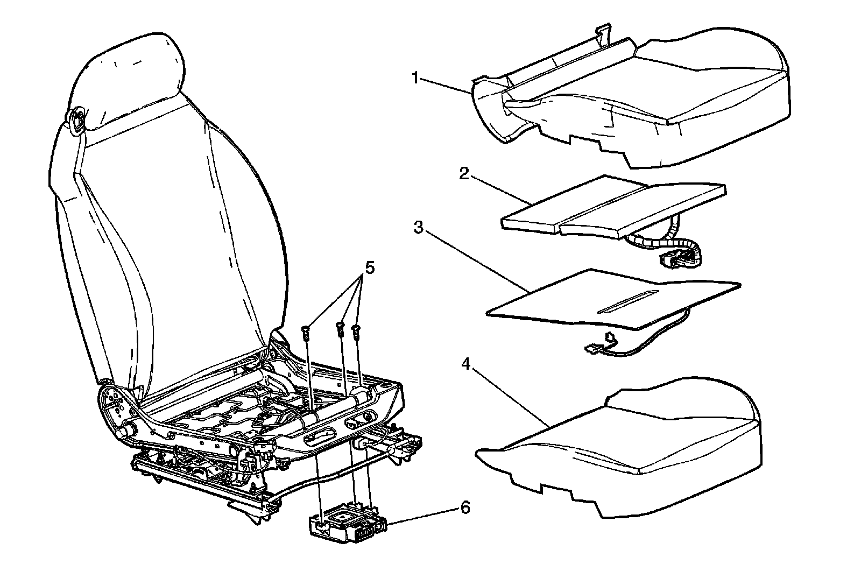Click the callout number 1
point(415,78)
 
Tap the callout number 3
point(418,227)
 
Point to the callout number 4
point(466,364)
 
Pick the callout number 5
point(369,267)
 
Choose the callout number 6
point(465,507)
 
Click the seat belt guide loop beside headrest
point(77,118)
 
